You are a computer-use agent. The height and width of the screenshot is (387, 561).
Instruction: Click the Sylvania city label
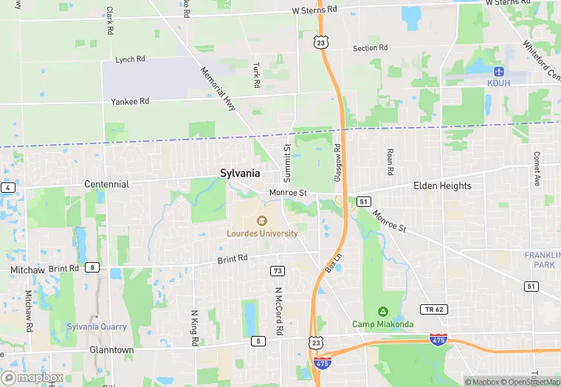pyautogui.click(x=240, y=173)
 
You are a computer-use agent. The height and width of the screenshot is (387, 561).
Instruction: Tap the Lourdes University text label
pyautogui.click(x=262, y=233)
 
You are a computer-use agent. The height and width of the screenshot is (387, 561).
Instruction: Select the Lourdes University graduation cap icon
pyautogui.click(x=261, y=220)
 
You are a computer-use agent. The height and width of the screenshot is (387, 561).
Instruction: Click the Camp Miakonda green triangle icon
pyautogui.click(x=382, y=310)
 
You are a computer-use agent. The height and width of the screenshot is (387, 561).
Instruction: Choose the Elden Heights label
pyautogui.click(x=442, y=185)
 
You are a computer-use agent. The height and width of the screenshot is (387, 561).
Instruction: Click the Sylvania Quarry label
pyautogui.click(x=97, y=326)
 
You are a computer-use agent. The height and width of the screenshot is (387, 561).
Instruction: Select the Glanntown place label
pyautogui.click(x=111, y=350)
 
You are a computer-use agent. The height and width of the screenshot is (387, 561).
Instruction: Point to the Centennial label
pyautogui.click(x=106, y=184)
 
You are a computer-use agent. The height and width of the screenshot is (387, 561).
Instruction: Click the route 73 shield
pyautogui.click(x=278, y=271)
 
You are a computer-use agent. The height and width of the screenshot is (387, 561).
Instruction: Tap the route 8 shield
pyautogui.click(x=92, y=267)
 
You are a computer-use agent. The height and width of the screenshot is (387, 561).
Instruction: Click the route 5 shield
pyautogui.click(x=258, y=340)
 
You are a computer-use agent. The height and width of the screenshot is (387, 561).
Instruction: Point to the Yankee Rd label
pyautogui.click(x=130, y=101)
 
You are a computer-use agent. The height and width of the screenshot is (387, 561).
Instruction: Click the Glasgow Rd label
pyautogui.click(x=337, y=162)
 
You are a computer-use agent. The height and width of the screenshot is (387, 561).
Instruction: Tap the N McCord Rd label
pyautogui.click(x=279, y=310)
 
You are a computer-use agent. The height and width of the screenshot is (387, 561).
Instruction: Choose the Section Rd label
pyautogui.click(x=370, y=48)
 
